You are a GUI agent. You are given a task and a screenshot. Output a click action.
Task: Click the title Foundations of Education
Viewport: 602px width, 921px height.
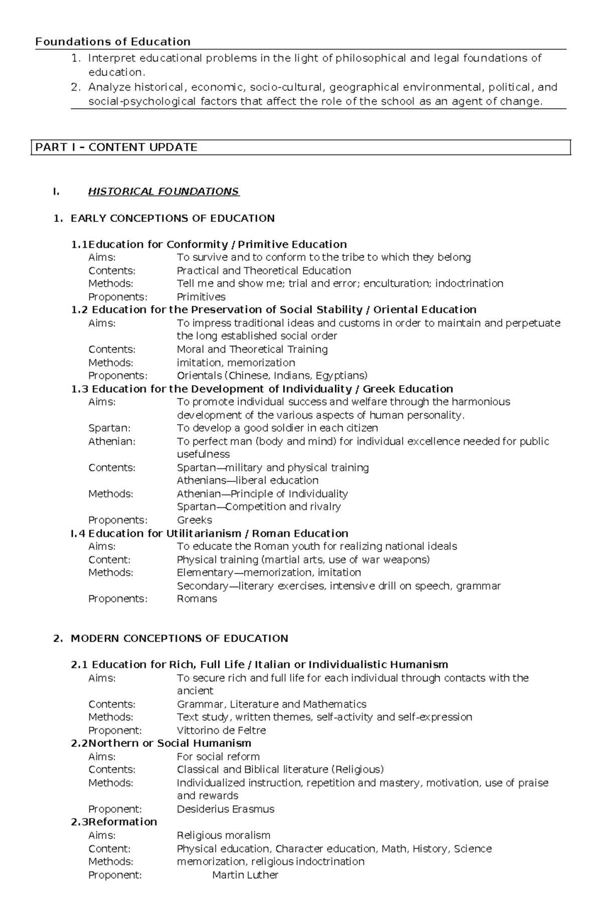pos(113,42)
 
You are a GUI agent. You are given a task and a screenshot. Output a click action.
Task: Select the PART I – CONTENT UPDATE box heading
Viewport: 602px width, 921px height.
pos(116,147)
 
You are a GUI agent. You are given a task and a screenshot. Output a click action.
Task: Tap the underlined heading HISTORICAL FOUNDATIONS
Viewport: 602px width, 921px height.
pos(164,191)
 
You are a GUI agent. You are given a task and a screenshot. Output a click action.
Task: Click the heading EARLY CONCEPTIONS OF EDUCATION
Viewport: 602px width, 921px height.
pos(172,218)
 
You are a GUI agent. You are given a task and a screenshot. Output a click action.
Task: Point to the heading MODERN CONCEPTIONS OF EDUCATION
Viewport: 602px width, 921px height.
pos(179,638)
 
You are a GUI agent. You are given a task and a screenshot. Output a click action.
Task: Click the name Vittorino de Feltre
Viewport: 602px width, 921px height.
pos(221,730)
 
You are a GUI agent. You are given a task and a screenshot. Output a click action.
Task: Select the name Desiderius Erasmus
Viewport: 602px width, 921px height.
pos(225,809)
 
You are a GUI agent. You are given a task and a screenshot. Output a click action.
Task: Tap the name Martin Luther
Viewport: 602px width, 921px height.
pos(245,875)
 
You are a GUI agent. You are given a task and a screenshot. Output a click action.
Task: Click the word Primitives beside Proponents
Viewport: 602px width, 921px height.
pos(201,297)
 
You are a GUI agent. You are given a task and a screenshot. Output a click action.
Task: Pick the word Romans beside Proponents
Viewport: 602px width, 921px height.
pos(197,599)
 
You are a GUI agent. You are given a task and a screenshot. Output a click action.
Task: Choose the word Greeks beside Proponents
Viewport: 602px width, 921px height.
pos(194,520)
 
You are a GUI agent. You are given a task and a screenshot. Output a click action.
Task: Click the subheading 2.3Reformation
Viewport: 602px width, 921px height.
pos(114,822)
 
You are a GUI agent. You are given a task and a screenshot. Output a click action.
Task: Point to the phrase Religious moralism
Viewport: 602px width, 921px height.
pos(223,835)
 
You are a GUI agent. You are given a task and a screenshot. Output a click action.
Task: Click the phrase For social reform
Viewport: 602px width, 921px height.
pos(218,756)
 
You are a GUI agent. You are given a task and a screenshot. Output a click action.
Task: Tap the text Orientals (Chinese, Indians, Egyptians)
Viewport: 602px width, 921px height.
pos(272,375)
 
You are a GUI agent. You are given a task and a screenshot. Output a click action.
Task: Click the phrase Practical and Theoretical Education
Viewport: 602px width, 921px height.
pos(264,271)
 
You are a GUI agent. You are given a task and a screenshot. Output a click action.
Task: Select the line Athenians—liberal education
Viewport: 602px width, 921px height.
pos(247,480)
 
